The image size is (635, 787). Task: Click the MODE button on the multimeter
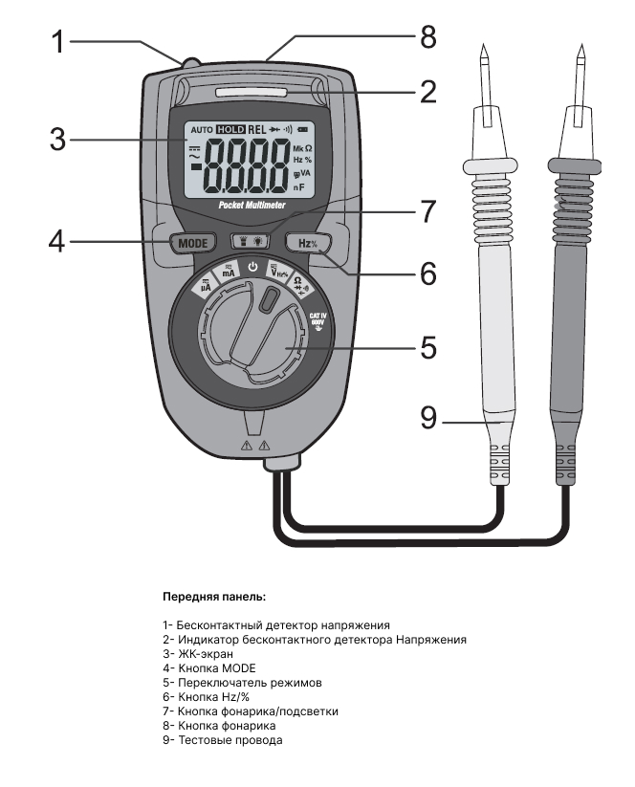[191, 242]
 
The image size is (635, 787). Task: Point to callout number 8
[427, 37]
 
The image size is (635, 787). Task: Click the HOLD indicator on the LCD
[230, 129]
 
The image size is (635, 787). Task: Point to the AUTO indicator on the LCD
[201, 129]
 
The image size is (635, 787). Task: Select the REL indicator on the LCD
[257, 129]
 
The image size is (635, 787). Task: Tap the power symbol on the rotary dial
[252, 267]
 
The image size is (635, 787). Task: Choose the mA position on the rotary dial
[230, 272]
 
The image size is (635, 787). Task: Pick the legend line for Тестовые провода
[222, 739]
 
